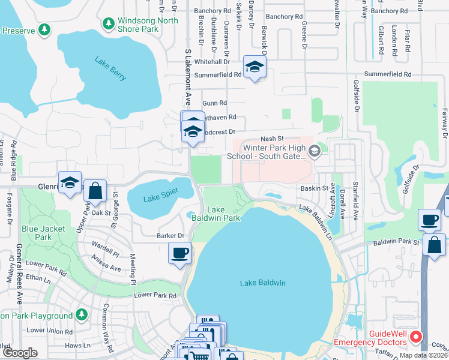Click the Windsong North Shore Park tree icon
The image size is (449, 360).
pos(108,23)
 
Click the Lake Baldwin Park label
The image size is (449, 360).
pos(224,214)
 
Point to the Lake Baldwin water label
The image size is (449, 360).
pos(262,283)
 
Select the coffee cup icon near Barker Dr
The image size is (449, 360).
pos(179,253)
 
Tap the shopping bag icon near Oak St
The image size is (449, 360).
pos(95,192)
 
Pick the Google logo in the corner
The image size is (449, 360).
pos(19,353)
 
